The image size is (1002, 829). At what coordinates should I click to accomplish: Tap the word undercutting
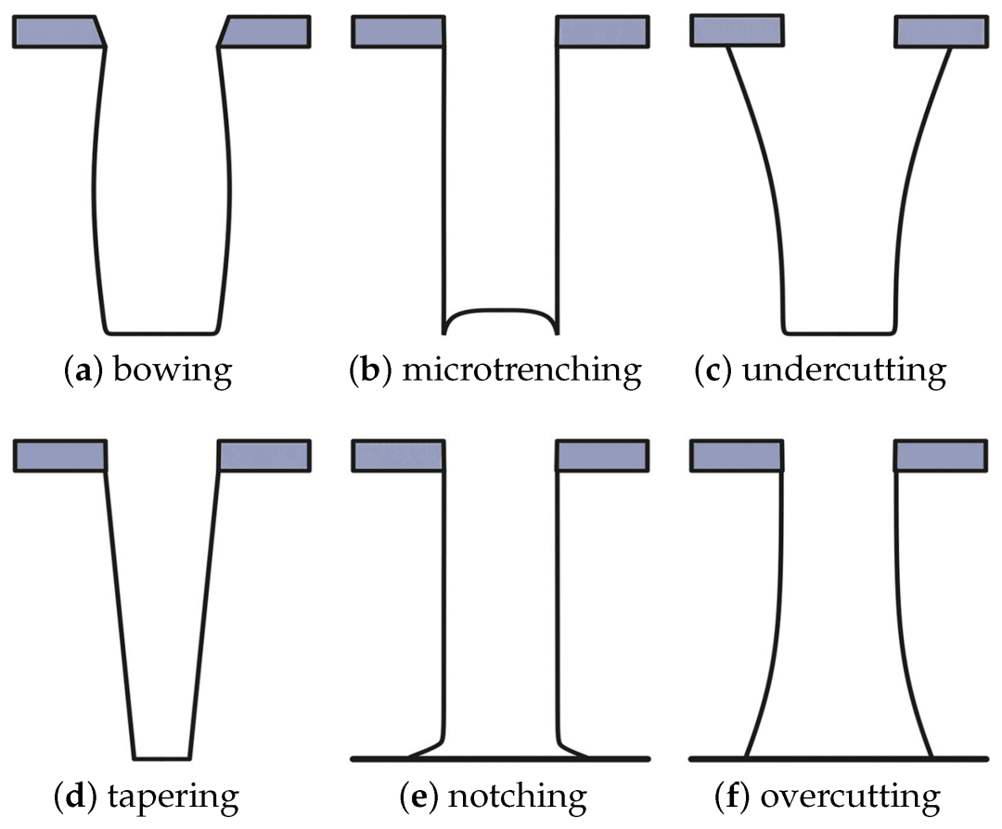(x=844, y=371)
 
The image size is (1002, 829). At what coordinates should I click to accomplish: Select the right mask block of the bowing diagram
(x=265, y=32)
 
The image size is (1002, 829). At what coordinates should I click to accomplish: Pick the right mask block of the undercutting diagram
(x=940, y=32)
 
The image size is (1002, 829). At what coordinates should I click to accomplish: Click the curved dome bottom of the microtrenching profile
(x=501, y=310)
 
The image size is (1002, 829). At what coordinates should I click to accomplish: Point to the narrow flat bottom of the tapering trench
(x=162, y=757)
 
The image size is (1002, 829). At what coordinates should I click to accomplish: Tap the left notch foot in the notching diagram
(x=422, y=749)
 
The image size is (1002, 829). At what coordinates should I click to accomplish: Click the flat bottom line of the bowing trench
(x=162, y=331)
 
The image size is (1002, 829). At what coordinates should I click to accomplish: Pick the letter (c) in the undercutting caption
(x=712, y=371)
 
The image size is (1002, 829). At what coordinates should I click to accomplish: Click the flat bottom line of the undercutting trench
(x=840, y=330)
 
